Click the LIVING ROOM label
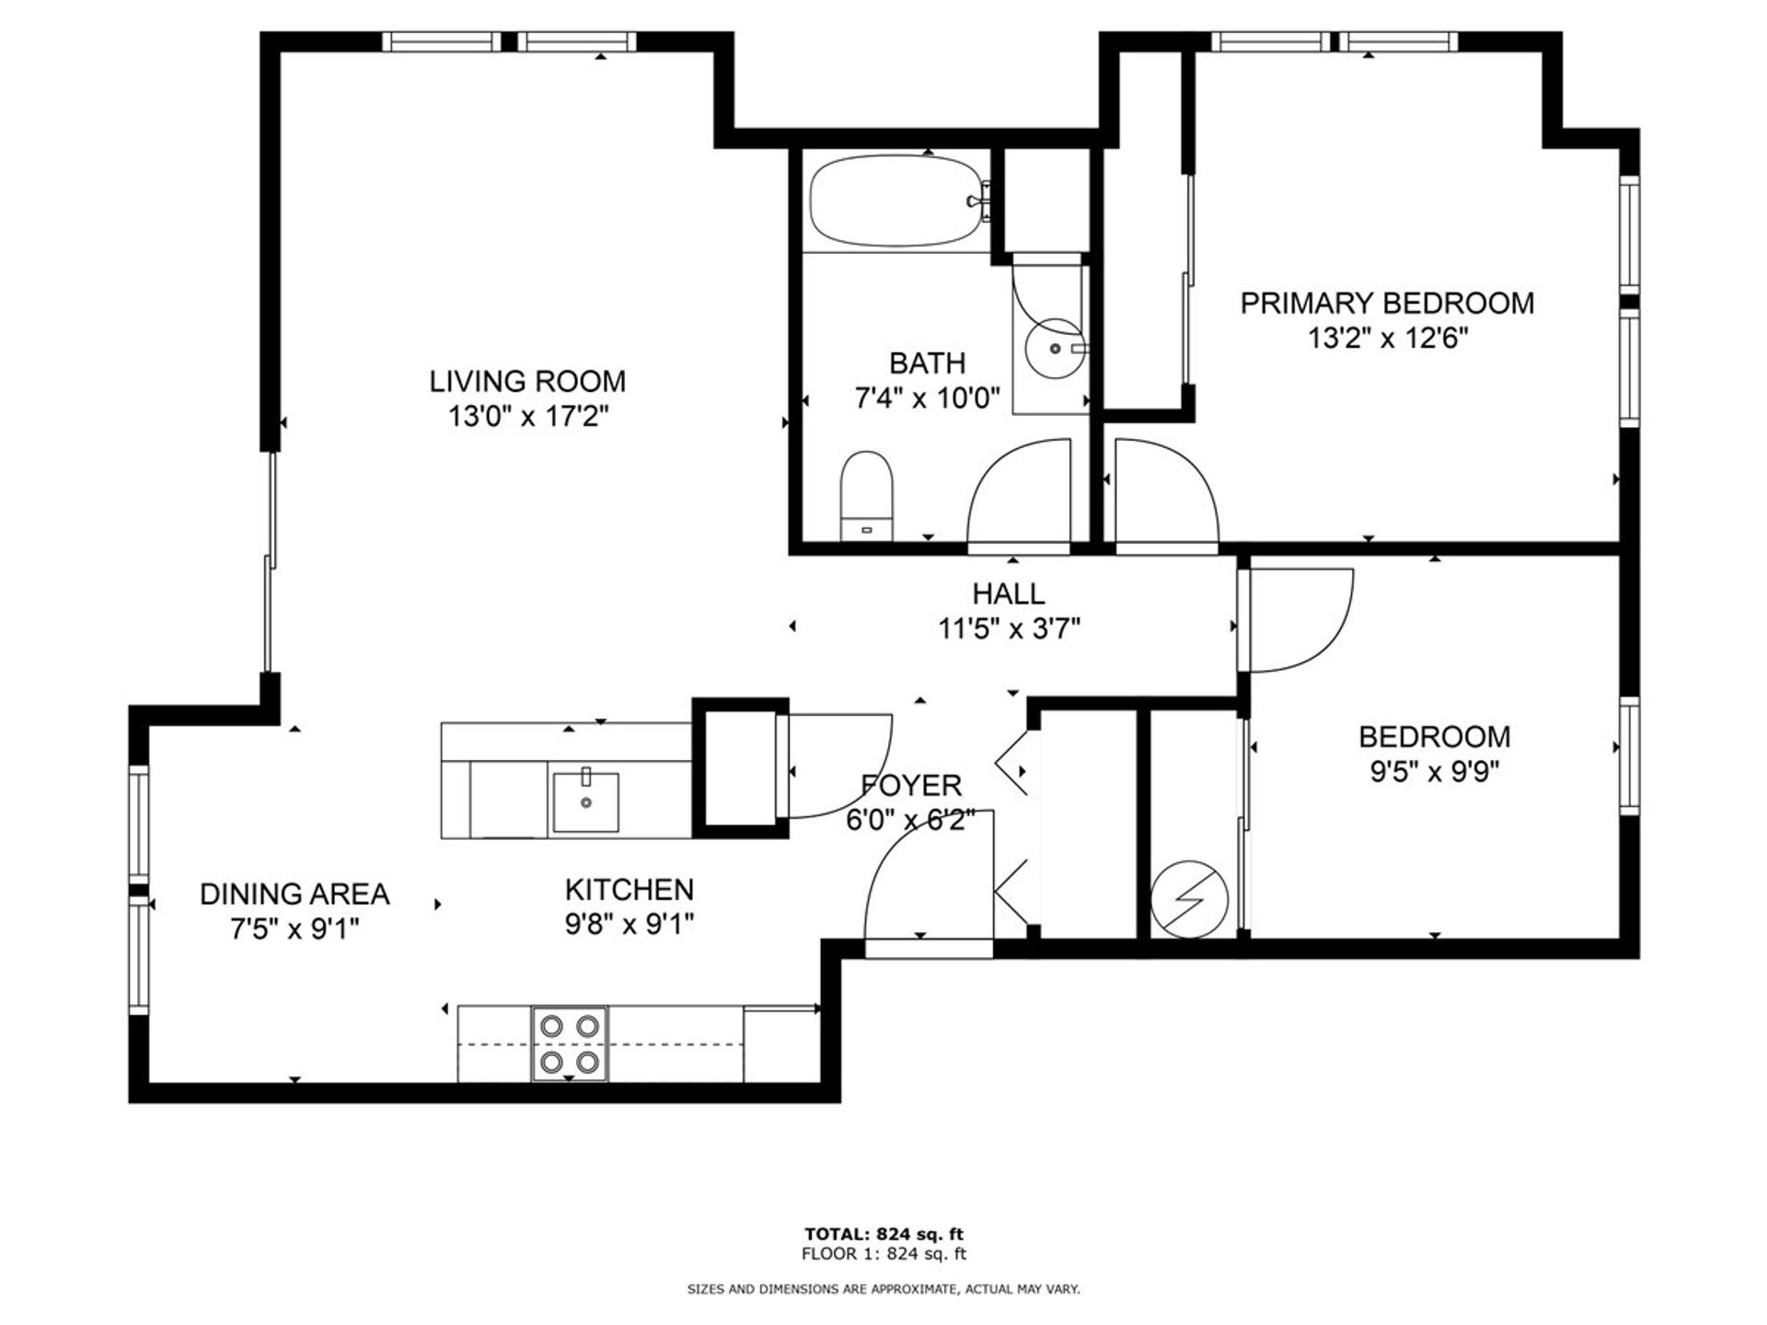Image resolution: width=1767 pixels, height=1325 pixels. pyautogui.click(x=527, y=381)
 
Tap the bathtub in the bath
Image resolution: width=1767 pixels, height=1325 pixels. pyautogui.click(x=897, y=201)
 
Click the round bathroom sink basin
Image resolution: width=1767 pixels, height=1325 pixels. pyautogui.click(x=1055, y=349)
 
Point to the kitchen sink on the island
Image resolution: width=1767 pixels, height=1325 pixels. pyautogui.click(x=585, y=802)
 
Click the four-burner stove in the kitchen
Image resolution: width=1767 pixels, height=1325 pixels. pyautogui.click(x=570, y=1043)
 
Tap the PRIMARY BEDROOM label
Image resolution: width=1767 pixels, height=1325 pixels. pyautogui.click(x=1387, y=303)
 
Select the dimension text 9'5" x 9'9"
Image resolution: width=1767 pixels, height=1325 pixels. pyautogui.click(x=1435, y=771)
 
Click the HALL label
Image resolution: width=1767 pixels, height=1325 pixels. pyautogui.click(x=1009, y=593)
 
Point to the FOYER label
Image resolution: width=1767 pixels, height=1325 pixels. pyautogui.click(x=911, y=785)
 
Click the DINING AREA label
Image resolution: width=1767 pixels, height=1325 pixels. pyautogui.click(x=294, y=893)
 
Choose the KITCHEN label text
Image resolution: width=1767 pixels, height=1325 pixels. pyautogui.click(x=629, y=890)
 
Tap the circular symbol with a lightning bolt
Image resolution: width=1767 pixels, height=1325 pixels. pyautogui.click(x=1189, y=899)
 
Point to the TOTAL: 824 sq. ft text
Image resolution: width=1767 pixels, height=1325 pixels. pyautogui.click(x=883, y=1235)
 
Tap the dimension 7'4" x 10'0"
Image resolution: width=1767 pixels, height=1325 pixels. pyautogui.click(x=927, y=398)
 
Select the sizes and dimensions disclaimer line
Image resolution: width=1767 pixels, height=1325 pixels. pyautogui.click(x=883, y=1290)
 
